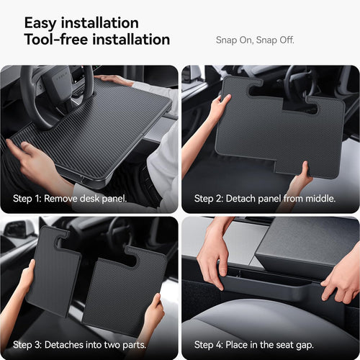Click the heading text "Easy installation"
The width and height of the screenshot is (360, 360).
(x=81, y=22)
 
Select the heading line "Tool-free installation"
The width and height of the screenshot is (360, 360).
(x=97, y=40)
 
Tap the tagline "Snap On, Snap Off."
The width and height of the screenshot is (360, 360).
(x=255, y=40)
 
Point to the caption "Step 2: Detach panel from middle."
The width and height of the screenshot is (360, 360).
(x=265, y=198)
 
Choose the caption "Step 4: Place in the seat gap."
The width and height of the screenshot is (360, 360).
(x=254, y=345)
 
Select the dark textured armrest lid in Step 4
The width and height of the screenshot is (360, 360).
(x=306, y=245)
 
